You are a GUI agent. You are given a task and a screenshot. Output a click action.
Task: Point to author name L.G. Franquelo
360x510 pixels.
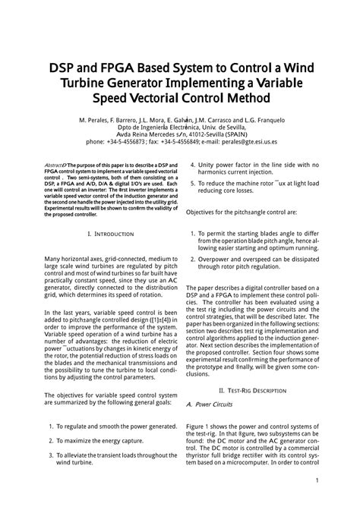[x=262, y=121]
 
